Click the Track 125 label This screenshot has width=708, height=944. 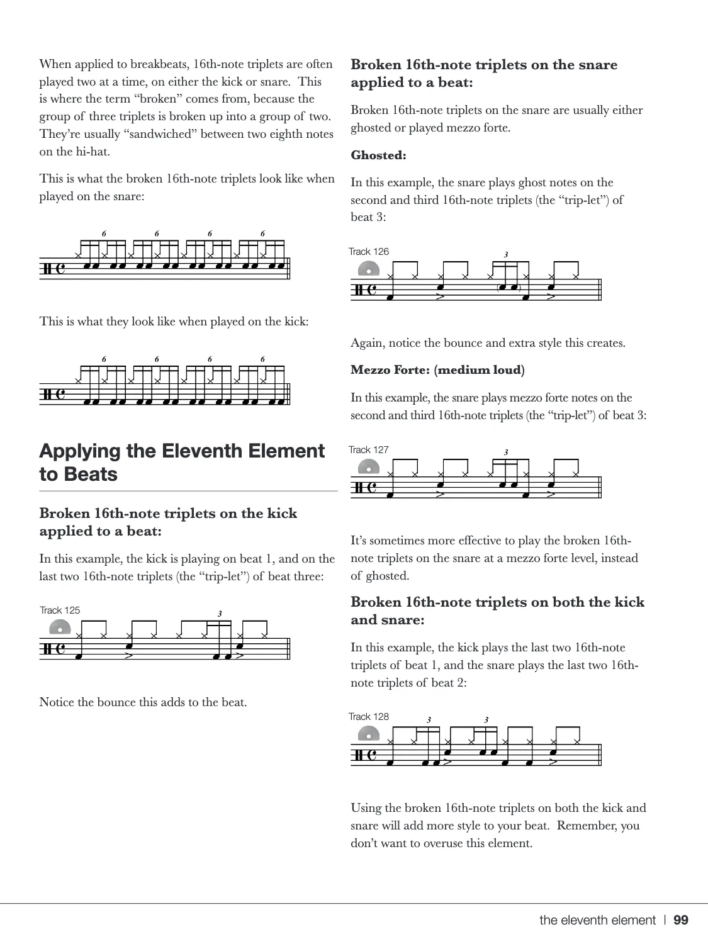pos(60,610)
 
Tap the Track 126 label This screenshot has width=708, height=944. pos(369,251)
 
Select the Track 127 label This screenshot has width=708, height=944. pos(369,449)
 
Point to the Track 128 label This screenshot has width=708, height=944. pos(369,716)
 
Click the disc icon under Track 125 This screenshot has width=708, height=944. pos(60,627)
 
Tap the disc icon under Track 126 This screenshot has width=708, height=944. pos(369,269)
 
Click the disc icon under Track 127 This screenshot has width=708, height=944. pos(369,467)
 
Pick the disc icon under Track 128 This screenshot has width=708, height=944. pos(369,734)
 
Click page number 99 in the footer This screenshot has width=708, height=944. pos(681,920)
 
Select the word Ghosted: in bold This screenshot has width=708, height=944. pos(378,155)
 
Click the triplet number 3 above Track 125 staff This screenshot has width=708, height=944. pos(220,614)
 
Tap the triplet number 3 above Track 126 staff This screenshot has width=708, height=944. pos(506,255)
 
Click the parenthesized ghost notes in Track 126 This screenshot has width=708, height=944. pos(508,288)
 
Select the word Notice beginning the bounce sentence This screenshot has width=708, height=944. pos(57,702)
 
